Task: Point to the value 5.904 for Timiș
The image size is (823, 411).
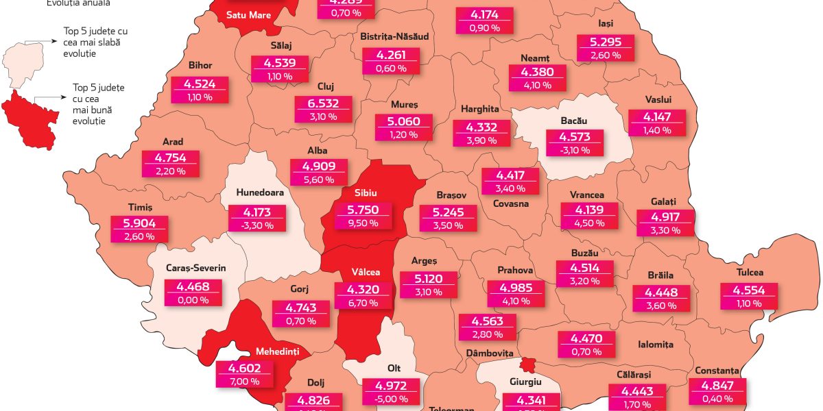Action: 139,223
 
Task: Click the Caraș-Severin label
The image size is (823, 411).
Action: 196,269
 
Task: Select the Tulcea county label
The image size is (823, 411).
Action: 750,273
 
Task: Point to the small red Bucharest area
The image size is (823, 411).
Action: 529,364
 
